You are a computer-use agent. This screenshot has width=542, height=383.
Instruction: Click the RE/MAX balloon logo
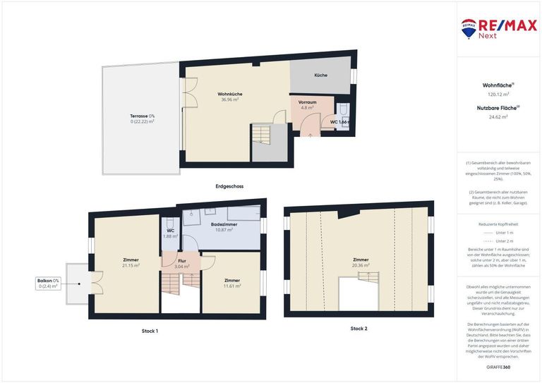pos(468,28)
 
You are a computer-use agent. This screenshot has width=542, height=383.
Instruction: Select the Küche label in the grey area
pos(320,75)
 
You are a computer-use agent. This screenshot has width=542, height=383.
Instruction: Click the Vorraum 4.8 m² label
pos(308,104)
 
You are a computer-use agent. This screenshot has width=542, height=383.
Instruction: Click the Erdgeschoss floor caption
pos(229,186)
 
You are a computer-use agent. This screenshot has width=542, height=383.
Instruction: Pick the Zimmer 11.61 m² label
pos(232,283)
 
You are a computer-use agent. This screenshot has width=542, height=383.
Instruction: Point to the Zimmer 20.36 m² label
pos(361,262)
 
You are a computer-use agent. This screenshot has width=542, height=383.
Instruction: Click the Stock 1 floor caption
pos(150,330)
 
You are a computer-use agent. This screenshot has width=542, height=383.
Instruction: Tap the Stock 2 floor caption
pos(359,328)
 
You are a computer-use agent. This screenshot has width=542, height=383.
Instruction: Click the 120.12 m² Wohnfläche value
pos(498,94)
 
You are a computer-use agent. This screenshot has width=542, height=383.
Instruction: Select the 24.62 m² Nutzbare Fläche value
pos(498,117)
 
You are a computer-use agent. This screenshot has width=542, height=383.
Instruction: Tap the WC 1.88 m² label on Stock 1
pos(170,233)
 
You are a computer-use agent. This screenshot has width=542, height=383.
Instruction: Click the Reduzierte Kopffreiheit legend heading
pos(498,223)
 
